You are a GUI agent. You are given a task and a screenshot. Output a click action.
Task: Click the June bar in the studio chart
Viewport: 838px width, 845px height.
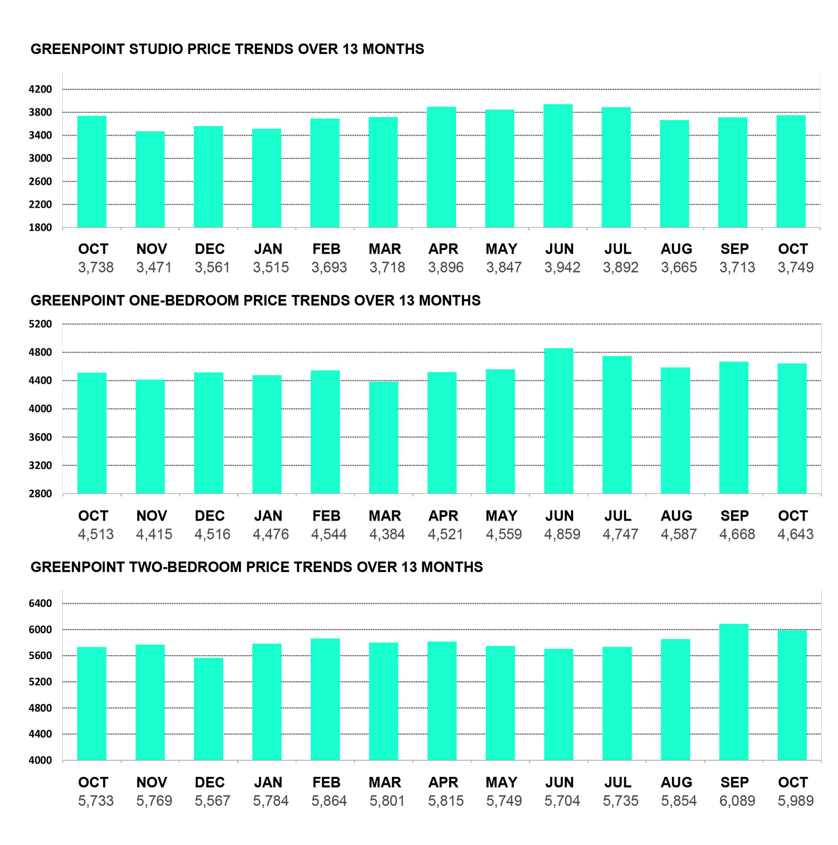[x=558, y=166]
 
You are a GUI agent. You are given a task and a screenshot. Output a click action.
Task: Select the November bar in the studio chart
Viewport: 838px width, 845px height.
[x=150, y=179]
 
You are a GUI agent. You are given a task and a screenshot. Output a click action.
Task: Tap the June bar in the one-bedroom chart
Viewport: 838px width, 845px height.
[x=558, y=421]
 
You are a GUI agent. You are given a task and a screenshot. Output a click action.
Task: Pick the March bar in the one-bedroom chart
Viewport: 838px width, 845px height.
[x=383, y=437]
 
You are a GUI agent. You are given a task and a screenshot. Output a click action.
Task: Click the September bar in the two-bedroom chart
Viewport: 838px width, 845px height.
[x=733, y=692]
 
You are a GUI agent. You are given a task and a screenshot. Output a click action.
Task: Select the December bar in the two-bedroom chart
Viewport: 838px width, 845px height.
[x=208, y=708]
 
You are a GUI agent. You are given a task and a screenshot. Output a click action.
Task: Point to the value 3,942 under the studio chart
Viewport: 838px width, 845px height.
[x=562, y=267]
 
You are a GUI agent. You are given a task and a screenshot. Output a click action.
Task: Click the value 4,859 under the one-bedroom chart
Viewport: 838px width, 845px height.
[x=562, y=534]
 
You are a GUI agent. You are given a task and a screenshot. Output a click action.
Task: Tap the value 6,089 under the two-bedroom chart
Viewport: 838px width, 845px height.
[x=737, y=801]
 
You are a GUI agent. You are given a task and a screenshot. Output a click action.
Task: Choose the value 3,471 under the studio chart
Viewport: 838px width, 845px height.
[x=154, y=267]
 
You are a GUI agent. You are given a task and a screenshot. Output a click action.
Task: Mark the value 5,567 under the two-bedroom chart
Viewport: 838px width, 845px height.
[x=212, y=801]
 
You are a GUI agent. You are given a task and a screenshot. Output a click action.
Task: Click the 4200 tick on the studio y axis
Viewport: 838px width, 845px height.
[x=40, y=89]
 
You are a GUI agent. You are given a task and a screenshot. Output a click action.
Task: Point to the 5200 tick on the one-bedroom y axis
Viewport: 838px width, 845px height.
[x=40, y=324]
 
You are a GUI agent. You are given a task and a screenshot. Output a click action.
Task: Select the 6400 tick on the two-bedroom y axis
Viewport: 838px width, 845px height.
[x=40, y=603]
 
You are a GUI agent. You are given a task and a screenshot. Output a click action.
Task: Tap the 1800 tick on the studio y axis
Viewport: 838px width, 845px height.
[x=40, y=228]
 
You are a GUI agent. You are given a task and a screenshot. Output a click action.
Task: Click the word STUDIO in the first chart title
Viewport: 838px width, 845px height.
[x=156, y=49]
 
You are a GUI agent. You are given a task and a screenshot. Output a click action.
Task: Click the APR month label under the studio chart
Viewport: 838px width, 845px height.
[x=443, y=249]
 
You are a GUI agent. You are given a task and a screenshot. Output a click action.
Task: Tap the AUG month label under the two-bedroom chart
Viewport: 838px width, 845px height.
[x=676, y=782]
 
